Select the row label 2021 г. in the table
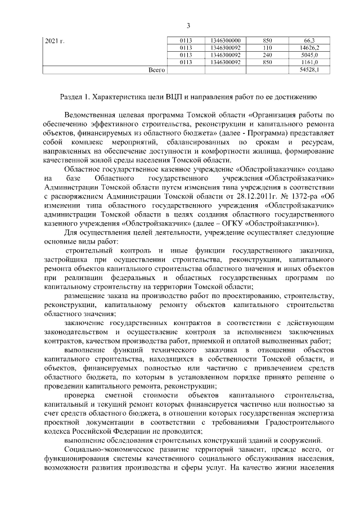55,42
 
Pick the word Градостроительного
297,421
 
